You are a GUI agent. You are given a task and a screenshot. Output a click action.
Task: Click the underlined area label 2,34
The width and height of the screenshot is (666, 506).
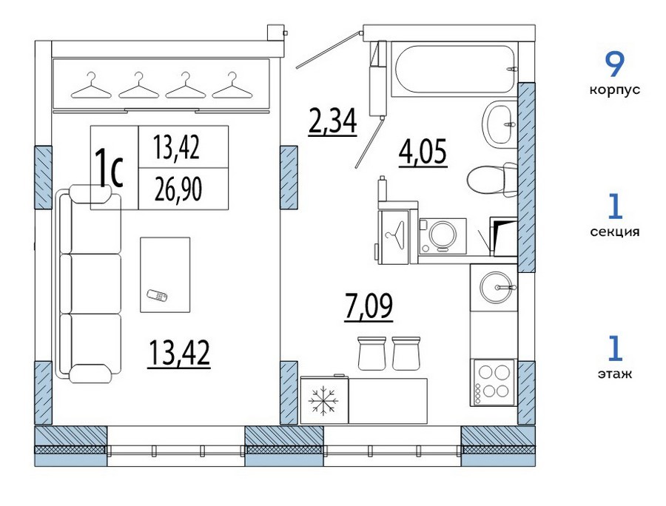coord(332,121)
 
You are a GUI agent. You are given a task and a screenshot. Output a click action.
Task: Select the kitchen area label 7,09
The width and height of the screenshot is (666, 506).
coord(369,306)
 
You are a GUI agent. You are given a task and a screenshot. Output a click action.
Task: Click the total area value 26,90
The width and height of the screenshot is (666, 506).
coord(178,189)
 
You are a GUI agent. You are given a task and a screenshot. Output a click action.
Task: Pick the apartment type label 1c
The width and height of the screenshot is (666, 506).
coord(109,168)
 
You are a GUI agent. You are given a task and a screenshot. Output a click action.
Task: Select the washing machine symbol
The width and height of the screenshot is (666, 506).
coord(443,236)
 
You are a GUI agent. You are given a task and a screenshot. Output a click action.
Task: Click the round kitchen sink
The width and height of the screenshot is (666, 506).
coord(495,287)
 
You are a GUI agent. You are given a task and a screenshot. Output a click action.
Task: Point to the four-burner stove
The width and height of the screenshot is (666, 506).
coord(493,382)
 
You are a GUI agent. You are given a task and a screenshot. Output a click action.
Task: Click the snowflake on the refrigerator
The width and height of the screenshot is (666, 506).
coord(323,400)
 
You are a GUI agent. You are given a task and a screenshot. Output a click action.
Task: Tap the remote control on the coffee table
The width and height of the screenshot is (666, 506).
coord(157,295)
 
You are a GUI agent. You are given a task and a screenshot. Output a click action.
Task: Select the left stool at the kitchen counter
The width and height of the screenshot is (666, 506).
coord(371,353)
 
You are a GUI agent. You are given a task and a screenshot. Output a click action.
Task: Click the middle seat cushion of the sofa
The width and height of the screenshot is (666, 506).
coord(95,283)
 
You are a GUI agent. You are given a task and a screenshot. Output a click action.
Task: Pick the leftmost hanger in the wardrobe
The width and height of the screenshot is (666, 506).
coord(91,85)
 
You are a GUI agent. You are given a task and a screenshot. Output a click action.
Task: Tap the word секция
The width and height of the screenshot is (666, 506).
coord(614,232)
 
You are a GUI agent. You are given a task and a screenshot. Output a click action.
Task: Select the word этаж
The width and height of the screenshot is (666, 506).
coord(614,374)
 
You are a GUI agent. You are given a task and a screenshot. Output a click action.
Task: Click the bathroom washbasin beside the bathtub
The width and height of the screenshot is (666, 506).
coord(499,124)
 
